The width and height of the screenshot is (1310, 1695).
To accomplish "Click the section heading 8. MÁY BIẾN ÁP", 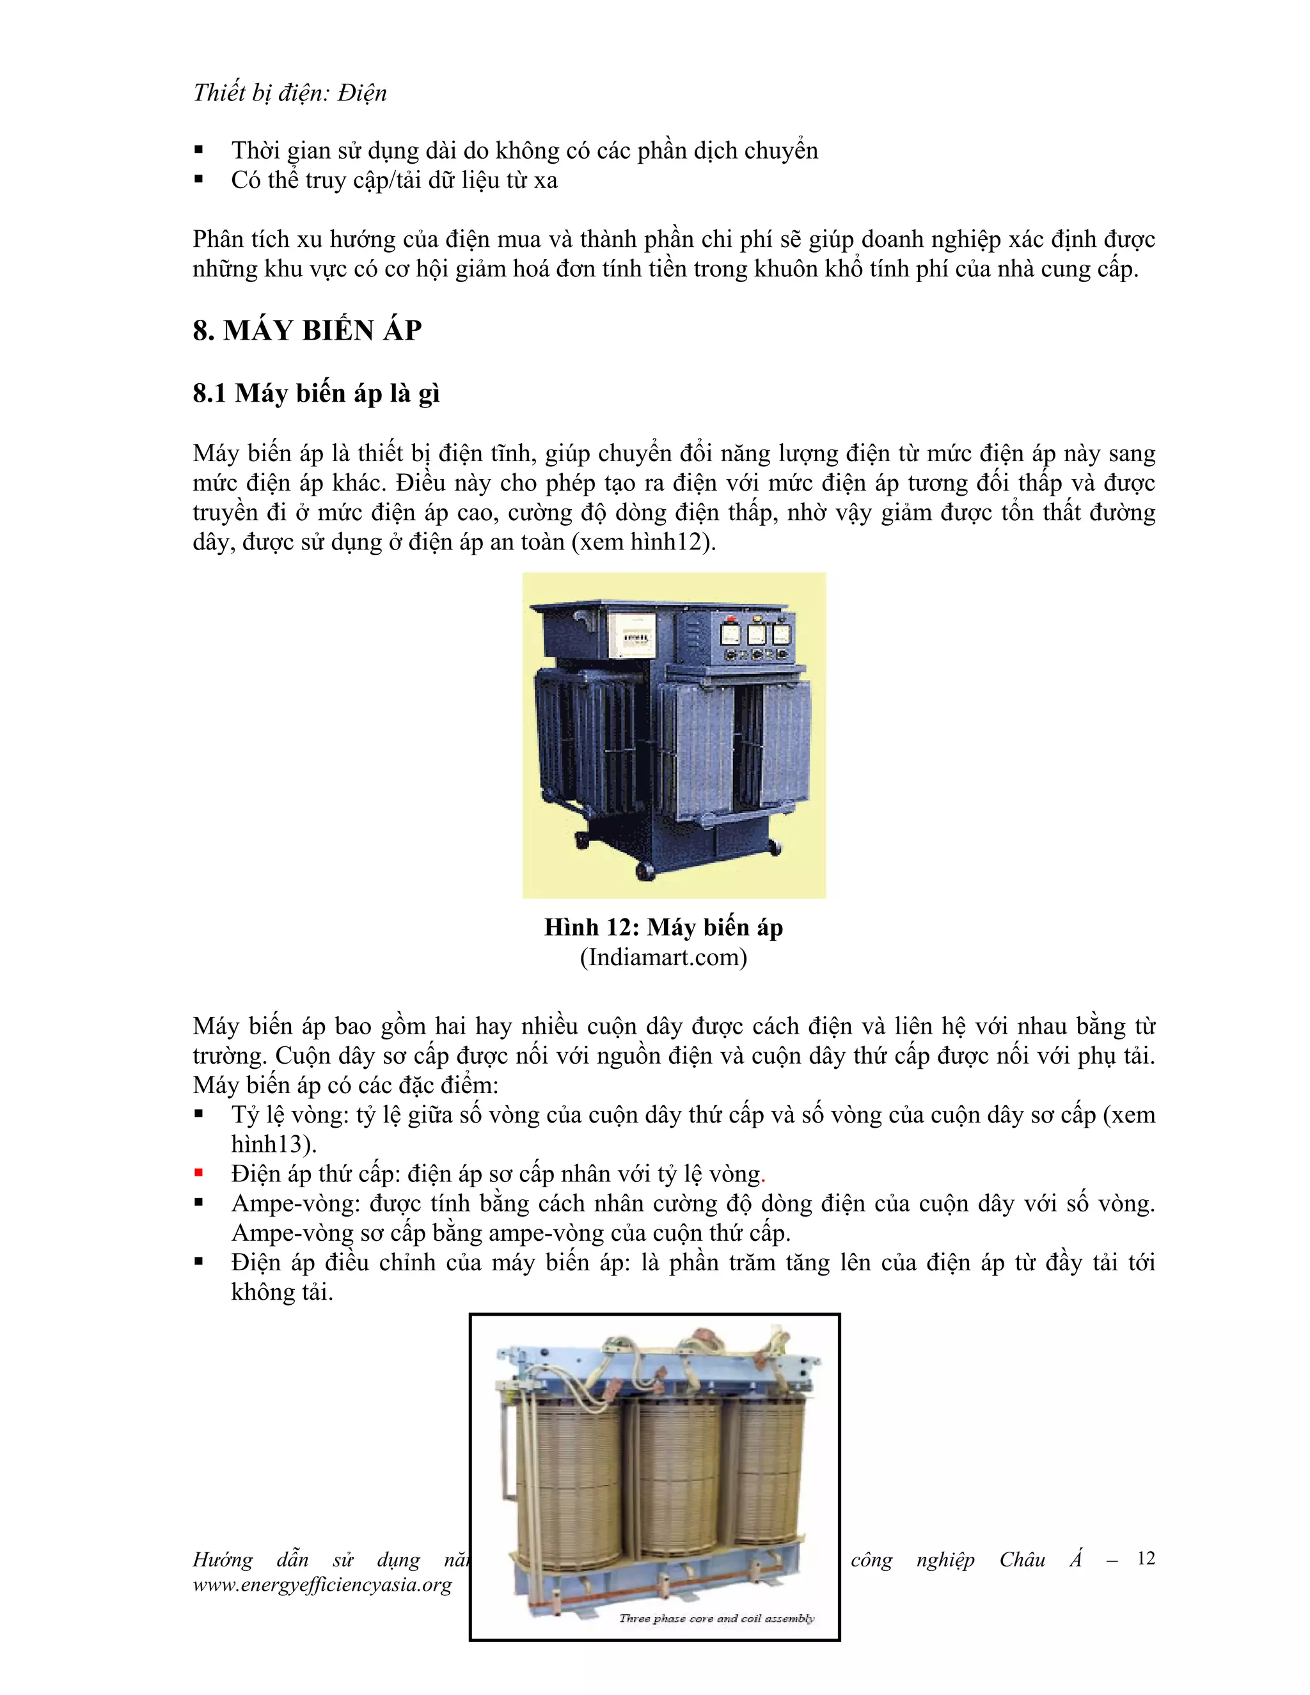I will tap(306, 331).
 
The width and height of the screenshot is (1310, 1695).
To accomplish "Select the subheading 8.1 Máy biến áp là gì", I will tap(316, 393).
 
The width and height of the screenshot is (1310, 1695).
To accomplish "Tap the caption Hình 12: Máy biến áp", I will tap(663, 927).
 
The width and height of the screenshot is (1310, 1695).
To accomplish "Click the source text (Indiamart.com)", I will tap(663, 957).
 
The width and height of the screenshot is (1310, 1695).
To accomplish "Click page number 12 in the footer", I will tap(1146, 1558).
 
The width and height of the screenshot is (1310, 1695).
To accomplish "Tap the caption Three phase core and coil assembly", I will tap(716, 1618).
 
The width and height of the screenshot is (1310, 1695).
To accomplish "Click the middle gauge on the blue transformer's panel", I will tap(756, 635).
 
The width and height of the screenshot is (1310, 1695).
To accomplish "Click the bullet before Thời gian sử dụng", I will tap(199, 150).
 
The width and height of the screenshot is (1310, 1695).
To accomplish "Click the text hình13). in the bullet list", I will tap(273, 1144).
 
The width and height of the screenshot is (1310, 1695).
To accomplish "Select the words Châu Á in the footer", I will tap(1041, 1559).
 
